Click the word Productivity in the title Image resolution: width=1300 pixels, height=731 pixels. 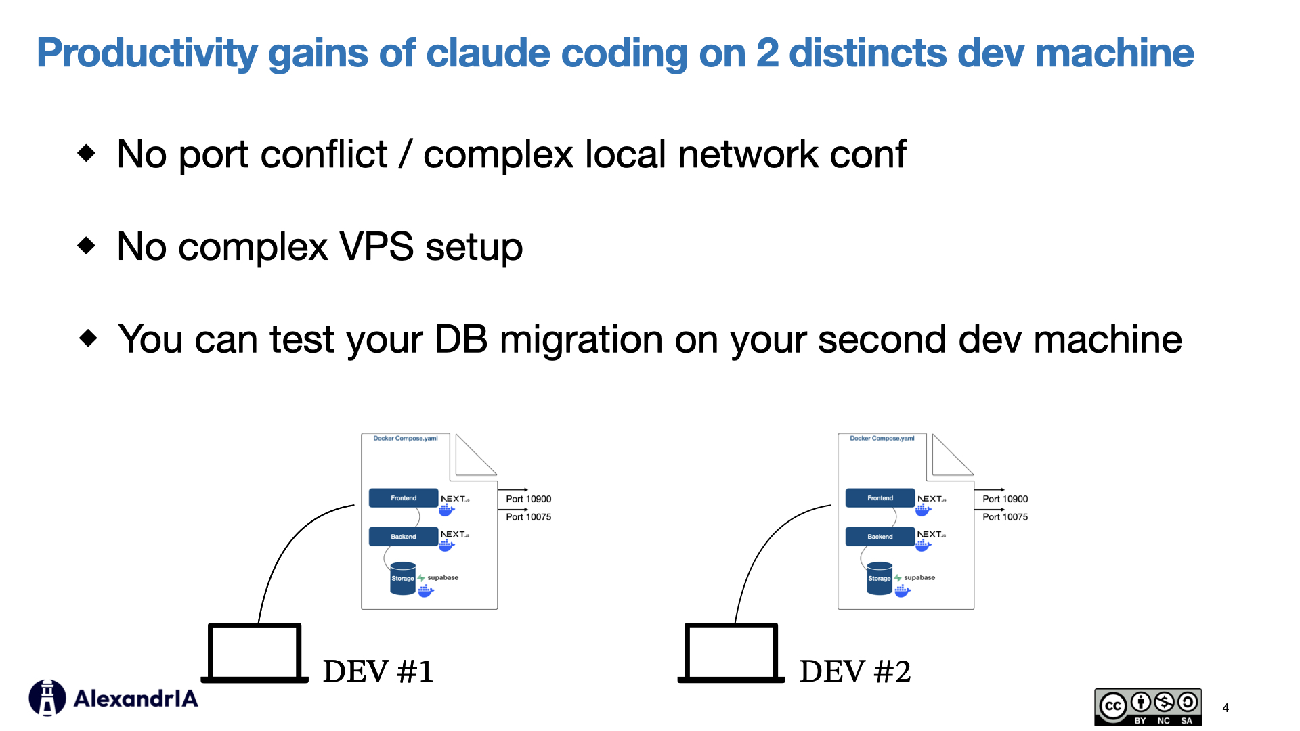(146, 53)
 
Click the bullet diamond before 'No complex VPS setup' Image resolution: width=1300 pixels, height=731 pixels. (87, 245)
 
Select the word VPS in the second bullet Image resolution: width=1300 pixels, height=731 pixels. (376, 246)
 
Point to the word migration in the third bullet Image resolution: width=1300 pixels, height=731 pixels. (580, 339)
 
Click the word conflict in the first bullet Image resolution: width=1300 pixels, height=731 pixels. (324, 154)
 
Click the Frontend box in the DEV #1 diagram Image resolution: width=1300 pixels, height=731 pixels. (404, 498)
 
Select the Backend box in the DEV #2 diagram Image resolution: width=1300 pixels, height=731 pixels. (880, 537)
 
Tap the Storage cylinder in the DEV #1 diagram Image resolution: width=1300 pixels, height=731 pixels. (402, 579)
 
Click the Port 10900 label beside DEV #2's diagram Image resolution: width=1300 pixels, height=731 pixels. (1005, 499)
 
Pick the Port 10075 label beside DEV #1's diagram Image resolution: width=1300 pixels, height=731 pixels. (528, 517)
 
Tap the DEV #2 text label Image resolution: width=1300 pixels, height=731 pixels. (854, 672)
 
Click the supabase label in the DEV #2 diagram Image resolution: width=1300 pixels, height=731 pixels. (919, 578)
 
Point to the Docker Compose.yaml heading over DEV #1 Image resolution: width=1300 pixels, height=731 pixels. (406, 439)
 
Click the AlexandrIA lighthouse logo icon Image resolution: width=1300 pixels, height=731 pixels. (47, 698)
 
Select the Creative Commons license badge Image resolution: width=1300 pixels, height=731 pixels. (1148, 707)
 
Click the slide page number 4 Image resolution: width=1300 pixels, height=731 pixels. (1226, 708)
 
